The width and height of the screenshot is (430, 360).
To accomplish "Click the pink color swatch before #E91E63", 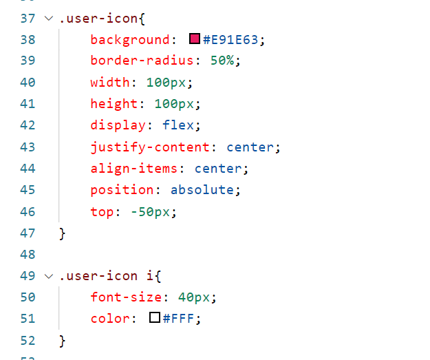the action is click(x=195, y=40).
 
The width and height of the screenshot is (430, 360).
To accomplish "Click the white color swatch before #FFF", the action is click(x=155, y=318).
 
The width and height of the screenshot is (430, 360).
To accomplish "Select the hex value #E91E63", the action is click(x=230, y=40).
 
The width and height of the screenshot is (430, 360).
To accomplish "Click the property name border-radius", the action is click(x=142, y=61).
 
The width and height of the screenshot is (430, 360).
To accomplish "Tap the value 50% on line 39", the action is click(x=222, y=61).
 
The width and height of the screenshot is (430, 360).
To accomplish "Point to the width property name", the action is click(x=109, y=83).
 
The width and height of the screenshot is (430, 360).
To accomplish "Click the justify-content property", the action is click(x=149, y=147).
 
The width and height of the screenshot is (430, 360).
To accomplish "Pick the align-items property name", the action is click(x=133, y=168).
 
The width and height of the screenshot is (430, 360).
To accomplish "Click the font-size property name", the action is click(x=125, y=297).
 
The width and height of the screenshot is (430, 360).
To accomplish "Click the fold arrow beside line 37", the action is click(x=48, y=19).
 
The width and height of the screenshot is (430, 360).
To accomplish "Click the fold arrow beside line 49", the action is click(x=48, y=275).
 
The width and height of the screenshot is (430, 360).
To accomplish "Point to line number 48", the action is click(x=28, y=254).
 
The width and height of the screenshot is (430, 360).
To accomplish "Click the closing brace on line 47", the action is click(x=63, y=233).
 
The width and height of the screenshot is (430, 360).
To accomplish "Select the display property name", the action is click(x=118, y=125).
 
